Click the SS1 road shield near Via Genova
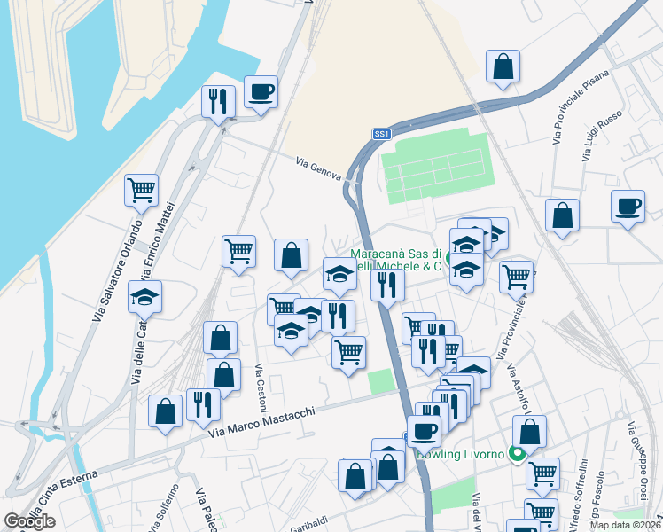pos(381,134)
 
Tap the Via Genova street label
pos(318,168)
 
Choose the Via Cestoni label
pos(261,387)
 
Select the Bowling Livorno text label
pos(461,456)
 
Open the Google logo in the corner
pos(29,521)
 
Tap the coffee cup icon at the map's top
pos(261,91)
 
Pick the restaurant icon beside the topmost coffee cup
pos(217,101)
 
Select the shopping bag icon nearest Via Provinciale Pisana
pos(503,66)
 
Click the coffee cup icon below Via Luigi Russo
pos(628,206)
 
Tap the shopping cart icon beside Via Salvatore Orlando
pos(141,190)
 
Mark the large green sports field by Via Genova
pos(435,165)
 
